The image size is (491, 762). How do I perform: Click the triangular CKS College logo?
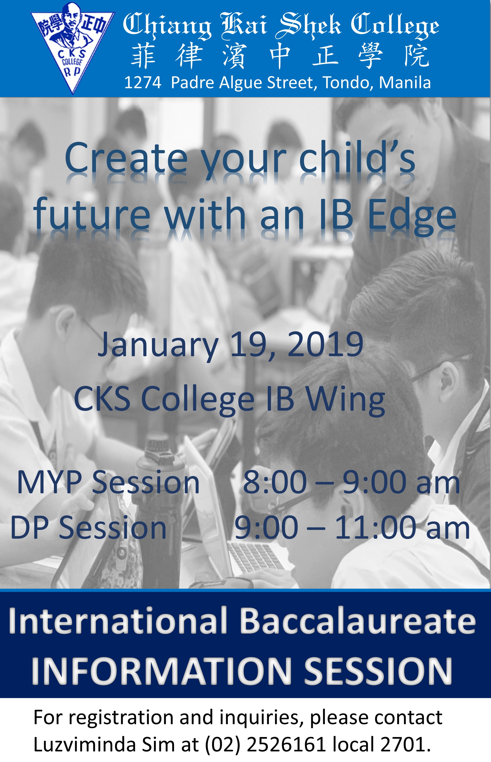[x=72, y=48]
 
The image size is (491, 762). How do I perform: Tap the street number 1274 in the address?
[x=142, y=83]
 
